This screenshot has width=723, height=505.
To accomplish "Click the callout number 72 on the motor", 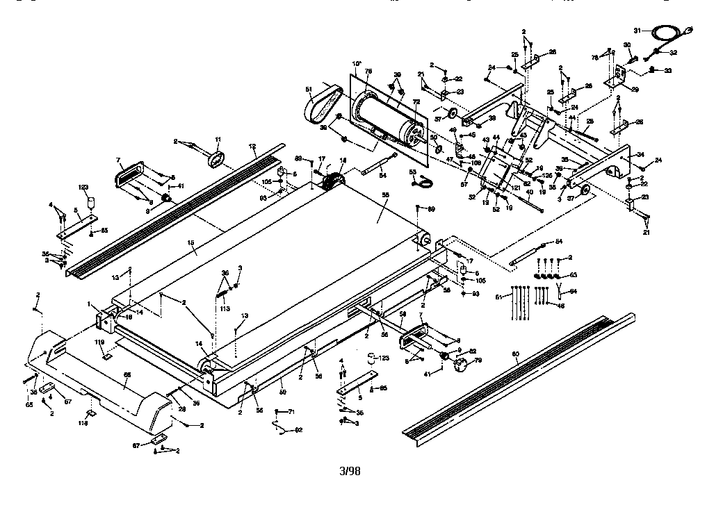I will coord(416,101).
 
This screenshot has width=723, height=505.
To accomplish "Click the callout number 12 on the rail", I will coord(252,147).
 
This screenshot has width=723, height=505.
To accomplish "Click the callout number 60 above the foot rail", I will coord(515,354).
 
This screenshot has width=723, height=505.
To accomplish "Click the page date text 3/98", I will coord(350,472).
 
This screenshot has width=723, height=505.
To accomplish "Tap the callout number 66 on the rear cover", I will coord(127,374).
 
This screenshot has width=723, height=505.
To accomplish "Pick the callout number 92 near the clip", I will coord(298,430).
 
